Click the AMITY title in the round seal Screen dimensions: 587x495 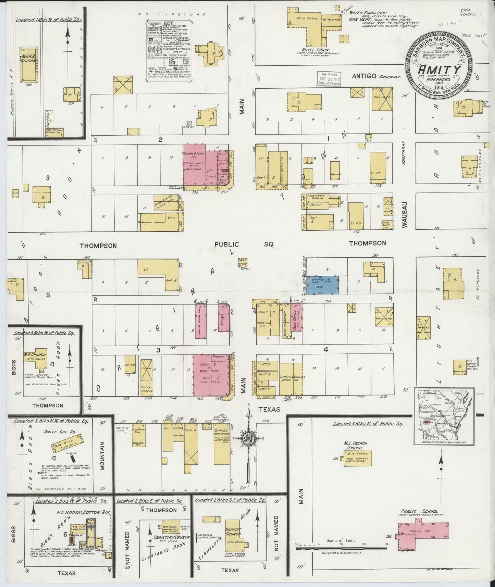point(438,69)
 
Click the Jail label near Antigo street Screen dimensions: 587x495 point(368,140)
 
